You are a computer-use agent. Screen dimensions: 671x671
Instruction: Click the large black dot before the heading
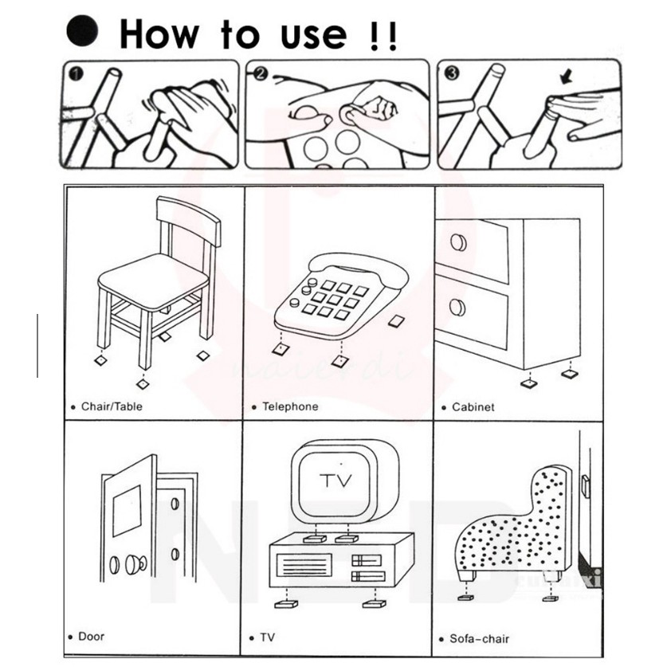pos(82,30)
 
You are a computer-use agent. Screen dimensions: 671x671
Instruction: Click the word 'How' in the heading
pos(159,34)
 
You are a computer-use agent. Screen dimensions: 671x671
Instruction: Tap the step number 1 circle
pos(76,74)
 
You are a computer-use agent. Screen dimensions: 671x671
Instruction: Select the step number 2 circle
pos(261,73)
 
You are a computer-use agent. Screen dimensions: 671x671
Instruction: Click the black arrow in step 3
pos(567,77)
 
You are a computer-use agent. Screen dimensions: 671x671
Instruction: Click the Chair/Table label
pos(112,406)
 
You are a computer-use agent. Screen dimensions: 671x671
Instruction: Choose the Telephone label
pos(290,406)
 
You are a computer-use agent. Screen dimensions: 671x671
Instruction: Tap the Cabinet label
pos(473,407)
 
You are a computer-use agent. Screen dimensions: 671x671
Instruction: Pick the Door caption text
pos(91,637)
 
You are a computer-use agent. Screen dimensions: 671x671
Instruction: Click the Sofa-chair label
pos(479,639)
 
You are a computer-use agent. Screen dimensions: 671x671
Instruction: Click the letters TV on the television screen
pos(336,481)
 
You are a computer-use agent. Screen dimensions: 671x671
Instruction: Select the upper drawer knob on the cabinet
pos(458,242)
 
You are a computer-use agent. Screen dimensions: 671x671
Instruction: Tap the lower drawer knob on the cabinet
pos(458,308)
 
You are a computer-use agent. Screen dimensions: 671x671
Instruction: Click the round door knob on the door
pos(135,564)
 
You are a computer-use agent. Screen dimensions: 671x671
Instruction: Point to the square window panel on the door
pos(127,511)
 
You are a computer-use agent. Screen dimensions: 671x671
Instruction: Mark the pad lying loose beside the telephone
pos(397,321)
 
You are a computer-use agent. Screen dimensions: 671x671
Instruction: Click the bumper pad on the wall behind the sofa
pos(586,487)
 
